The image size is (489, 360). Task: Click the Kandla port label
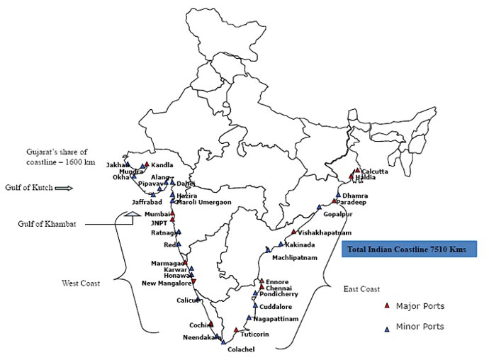[x=162, y=165]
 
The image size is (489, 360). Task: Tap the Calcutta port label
[x=375, y=171]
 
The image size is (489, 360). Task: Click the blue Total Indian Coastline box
[x=409, y=249]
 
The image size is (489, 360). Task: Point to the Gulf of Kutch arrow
[x=64, y=188]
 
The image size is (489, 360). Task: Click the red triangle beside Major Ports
[x=387, y=305]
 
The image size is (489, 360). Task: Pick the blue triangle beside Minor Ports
[x=387, y=327]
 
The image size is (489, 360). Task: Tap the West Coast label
[x=81, y=283]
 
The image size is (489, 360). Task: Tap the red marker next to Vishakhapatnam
[x=293, y=232]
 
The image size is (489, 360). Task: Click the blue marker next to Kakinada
[x=281, y=244]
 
